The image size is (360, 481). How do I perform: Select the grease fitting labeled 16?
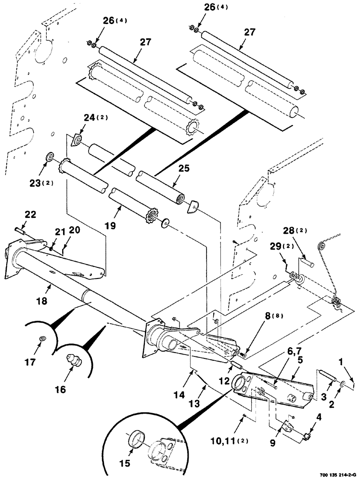(74, 361)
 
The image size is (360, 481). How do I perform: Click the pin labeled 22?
(21, 230)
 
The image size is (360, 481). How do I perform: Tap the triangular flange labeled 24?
(76, 140)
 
